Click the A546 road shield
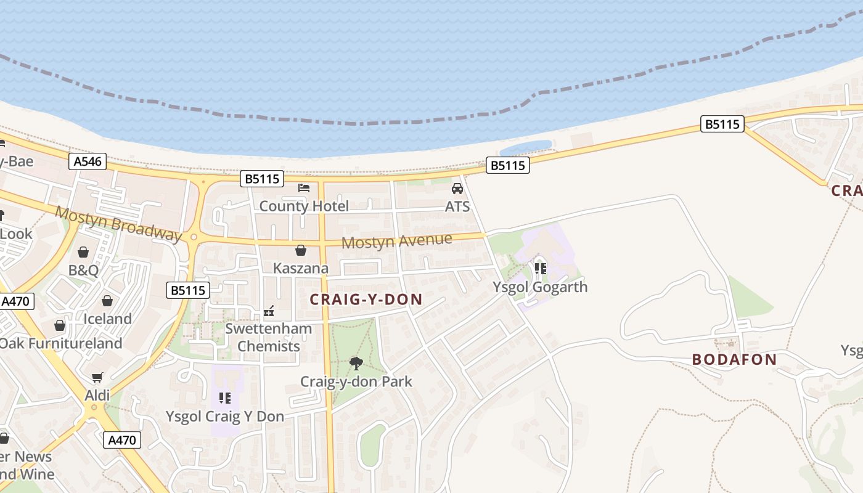pyautogui.click(x=88, y=161)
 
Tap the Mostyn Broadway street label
pyautogui.click(x=118, y=224)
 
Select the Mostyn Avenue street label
pyautogui.click(x=396, y=240)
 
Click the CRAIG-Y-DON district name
pyautogui.click(x=366, y=300)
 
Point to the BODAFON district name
pyautogui.click(x=734, y=359)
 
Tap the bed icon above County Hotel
pyautogui.click(x=303, y=188)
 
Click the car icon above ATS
pyautogui.click(x=457, y=189)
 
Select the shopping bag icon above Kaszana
pyautogui.click(x=301, y=250)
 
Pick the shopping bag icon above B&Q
pyautogui.click(x=83, y=252)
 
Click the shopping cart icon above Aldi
pyautogui.click(x=97, y=377)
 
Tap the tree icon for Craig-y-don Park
pyautogui.click(x=356, y=364)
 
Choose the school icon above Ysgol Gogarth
pyautogui.click(x=541, y=269)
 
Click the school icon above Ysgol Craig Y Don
pyautogui.click(x=225, y=398)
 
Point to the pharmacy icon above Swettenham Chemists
pyautogui.click(x=269, y=311)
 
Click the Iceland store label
pyautogui.click(x=108, y=319)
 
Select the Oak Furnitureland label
pyautogui.click(x=61, y=343)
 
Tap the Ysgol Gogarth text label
pyautogui.click(x=540, y=287)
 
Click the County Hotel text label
pyautogui.click(x=304, y=206)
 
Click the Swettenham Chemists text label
pyautogui.click(x=269, y=337)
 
